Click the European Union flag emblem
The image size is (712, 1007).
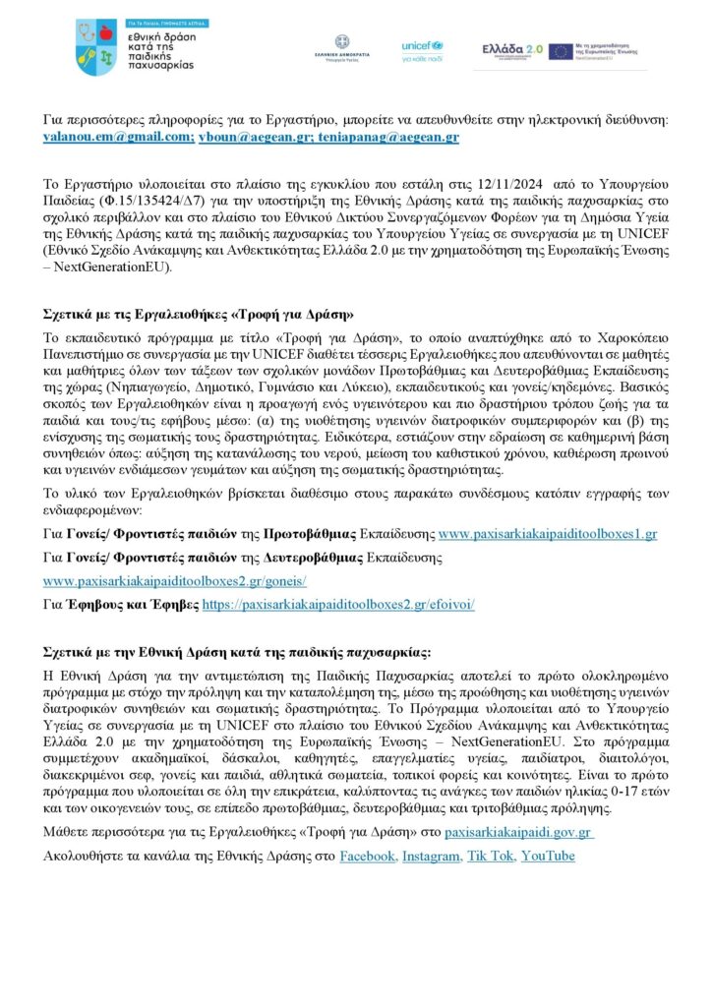(563, 50)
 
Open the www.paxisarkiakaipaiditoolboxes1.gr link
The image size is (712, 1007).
(547, 534)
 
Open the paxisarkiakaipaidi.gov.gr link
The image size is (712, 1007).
(516, 832)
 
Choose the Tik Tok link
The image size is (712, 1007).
(490, 857)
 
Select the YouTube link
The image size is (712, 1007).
(548, 857)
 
